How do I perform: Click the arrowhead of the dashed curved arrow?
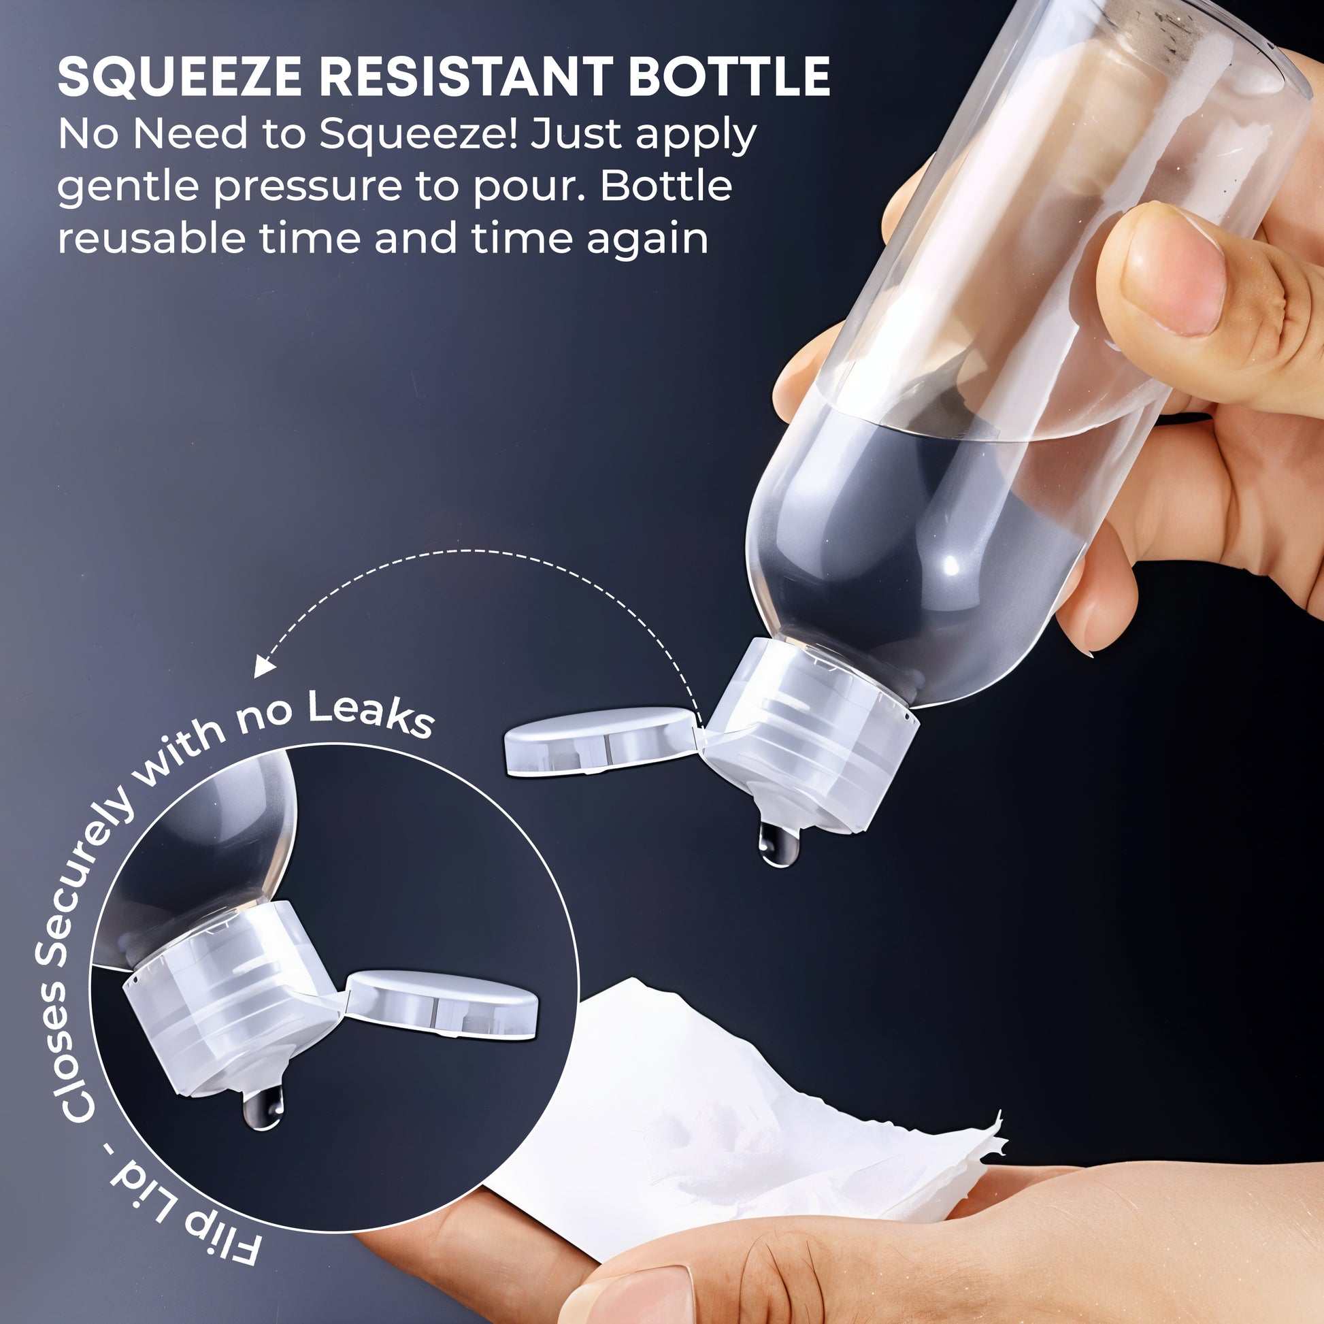[x=263, y=664]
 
